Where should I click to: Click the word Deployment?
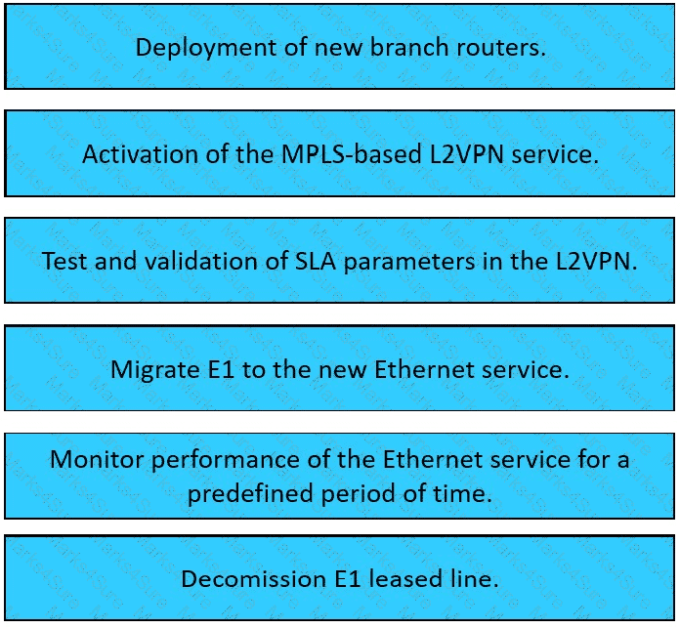(x=206, y=48)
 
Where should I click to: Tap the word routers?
(x=501, y=47)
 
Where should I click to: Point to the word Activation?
(x=140, y=154)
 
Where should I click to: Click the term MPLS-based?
(x=352, y=154)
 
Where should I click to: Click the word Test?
(x=64, y=261)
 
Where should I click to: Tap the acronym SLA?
(x=316, y=261)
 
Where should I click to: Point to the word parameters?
(x=409, y=262)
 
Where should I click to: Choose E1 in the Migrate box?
(x=221, y=370)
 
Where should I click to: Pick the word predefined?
(x=250, y=494)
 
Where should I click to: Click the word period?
(x=359, y=494)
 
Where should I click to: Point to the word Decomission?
(x=254, y=579)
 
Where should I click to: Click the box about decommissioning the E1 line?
(x=340, y=578)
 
